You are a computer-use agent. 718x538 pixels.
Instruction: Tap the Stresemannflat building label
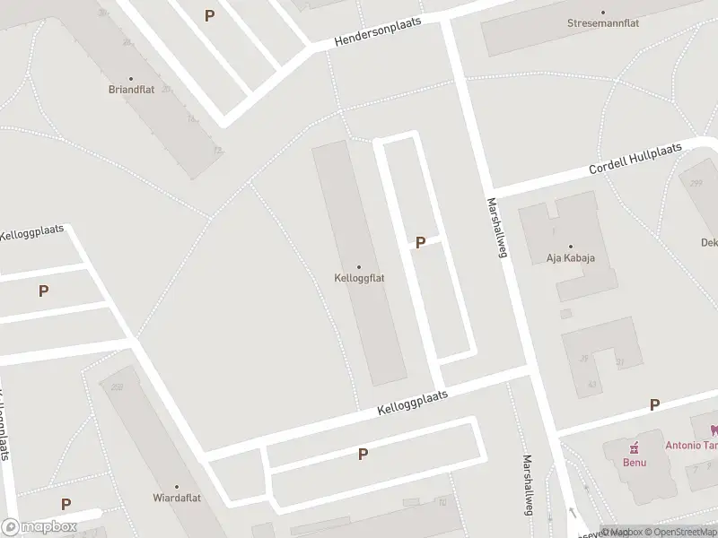point(603,23)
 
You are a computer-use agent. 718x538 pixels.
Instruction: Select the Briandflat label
point(131,90)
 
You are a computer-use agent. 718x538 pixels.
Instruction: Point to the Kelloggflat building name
point(359,278)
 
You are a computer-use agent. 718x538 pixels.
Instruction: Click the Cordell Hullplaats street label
point(635,159)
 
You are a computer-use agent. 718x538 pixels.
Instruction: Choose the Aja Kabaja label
point(571,258)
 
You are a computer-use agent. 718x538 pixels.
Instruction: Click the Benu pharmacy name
point(635,462)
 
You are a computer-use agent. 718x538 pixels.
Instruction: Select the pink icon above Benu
point(635,447)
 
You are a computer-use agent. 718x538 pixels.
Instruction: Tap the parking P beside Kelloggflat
point(420,242)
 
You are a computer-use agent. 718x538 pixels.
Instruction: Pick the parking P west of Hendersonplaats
point(209,15)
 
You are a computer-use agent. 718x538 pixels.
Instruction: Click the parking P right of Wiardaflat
point(363,454)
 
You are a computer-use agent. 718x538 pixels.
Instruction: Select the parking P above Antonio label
point(654,405)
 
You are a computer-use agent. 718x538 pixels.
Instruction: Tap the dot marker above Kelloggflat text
point(359,266)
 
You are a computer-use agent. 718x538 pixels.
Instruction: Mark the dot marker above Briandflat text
point(131,78)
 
